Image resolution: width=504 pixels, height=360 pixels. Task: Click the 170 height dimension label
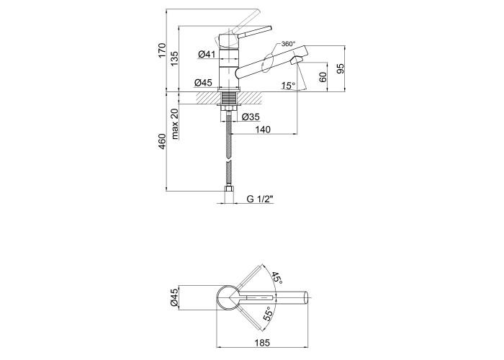click(x=162, y=50)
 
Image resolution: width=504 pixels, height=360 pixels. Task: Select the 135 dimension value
click(x=174, y=58)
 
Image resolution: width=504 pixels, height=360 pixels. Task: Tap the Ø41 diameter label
click(x=207, y=54)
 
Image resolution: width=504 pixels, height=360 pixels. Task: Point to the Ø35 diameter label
click(x=251, y=117)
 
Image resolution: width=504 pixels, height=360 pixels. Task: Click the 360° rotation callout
click(x=288, y=44)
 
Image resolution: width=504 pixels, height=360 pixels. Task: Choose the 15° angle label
click(x=288, y=86)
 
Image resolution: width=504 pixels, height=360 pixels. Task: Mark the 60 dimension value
click(x=323, y=77)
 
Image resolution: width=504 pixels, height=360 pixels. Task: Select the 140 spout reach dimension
click(x=263, y=129)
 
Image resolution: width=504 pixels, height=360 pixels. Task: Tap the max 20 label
click(x=174, y=124)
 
